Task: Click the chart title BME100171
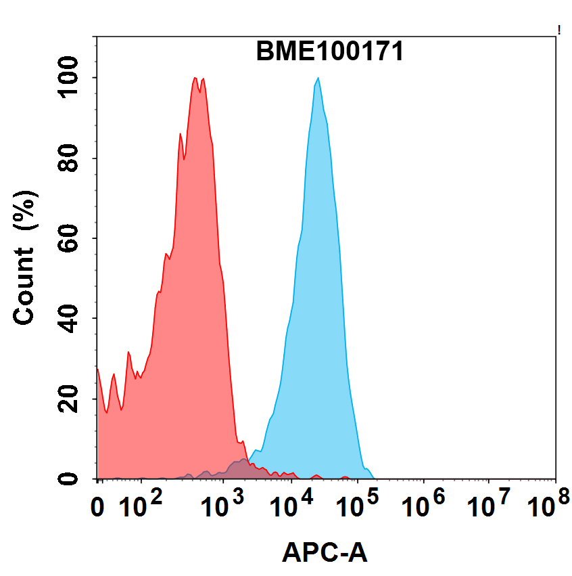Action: tap(329, 51)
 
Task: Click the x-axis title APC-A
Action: tap(325, 553)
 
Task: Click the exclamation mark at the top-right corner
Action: tap(559, 29)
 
